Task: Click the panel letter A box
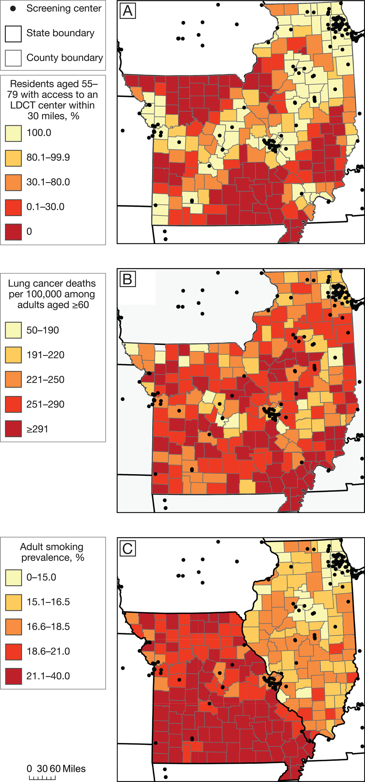click(128, 11)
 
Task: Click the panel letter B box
click(128, 279)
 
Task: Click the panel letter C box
click(128, 548)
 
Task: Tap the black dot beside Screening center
click(13, 8)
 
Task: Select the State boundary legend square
click(13, 34)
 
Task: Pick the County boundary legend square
click(13, 58)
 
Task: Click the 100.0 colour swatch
click(13, 133)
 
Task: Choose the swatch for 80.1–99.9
click(13, 158)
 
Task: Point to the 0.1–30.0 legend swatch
click(13, 207)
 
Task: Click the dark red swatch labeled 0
click(13, 232)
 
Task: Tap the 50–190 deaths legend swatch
click(13, 331)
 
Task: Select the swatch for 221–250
click(13, 380)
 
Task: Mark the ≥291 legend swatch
click(13, 429)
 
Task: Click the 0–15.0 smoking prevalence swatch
click(13, 578)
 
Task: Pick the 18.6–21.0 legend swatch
click(13, 652)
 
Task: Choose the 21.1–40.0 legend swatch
click(13, 676)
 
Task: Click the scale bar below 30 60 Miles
click(42, 778)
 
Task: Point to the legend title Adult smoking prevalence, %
click(52, 552)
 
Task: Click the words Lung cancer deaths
click(52, 284)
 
